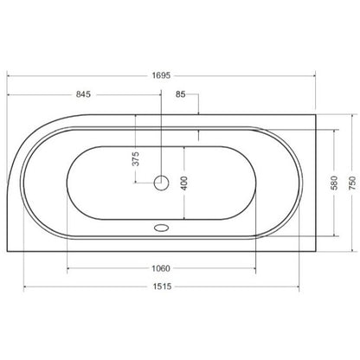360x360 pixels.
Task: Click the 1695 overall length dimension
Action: click(x=161, y=75)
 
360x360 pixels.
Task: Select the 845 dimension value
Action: click(x=83, y=94)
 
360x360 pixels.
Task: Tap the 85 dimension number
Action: click(x=181, y=94)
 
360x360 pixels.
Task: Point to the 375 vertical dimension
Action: click(x=135, y=158)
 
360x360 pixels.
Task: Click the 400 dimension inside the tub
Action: click(x=184, y=183)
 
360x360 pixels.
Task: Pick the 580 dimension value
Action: click(x=334, y=183)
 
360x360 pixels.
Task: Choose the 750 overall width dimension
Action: click(x=352, y=183)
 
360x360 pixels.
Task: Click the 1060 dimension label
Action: click(x=161, y=268)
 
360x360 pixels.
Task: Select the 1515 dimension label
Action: click(x=162, y=286)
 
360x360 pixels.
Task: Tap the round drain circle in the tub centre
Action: click(x=161, y=183)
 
